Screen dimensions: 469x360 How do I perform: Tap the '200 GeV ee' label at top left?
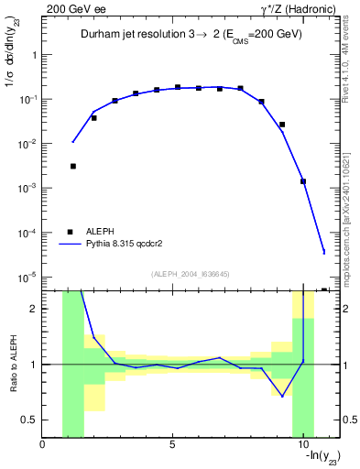pyautogui.click(x=71, y=8)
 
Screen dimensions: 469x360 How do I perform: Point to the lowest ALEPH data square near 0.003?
pyautogui.click(x=72, y=166)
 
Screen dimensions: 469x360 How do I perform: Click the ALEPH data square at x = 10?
pyautogui.click(x=303, y=181)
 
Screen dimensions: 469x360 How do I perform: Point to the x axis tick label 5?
pyautogui.click(x=172, y=444)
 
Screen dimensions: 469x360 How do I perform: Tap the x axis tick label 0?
pyautogui.click(x=43, y=444)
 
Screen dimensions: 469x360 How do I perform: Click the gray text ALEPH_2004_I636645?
pyautogui.click(x=190, y=273)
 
